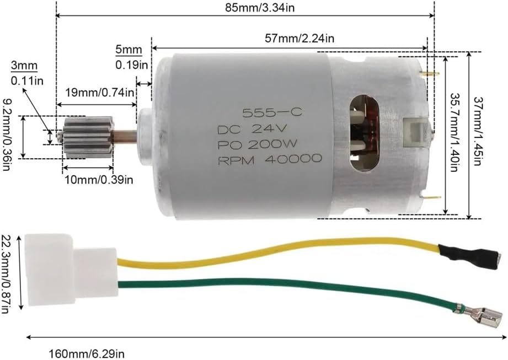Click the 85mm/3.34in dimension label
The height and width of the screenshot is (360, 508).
point(260,8)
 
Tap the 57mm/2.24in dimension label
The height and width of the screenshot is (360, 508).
point(300,39)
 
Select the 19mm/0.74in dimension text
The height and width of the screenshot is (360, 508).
point(100,93)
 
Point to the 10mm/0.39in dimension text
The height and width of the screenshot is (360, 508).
point(98,179)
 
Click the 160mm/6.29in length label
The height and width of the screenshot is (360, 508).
point(87,354)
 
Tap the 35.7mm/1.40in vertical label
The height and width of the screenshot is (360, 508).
point(454,133)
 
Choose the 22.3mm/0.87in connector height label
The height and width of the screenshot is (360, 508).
point(6,274)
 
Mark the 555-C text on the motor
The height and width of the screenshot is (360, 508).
point(272,112)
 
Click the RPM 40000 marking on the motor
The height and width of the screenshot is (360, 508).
point(270,159)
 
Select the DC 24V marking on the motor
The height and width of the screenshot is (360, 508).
point(252,130)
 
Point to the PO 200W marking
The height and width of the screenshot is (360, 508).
point(257,144)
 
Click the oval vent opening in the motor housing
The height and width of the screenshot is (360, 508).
point(365,133)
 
